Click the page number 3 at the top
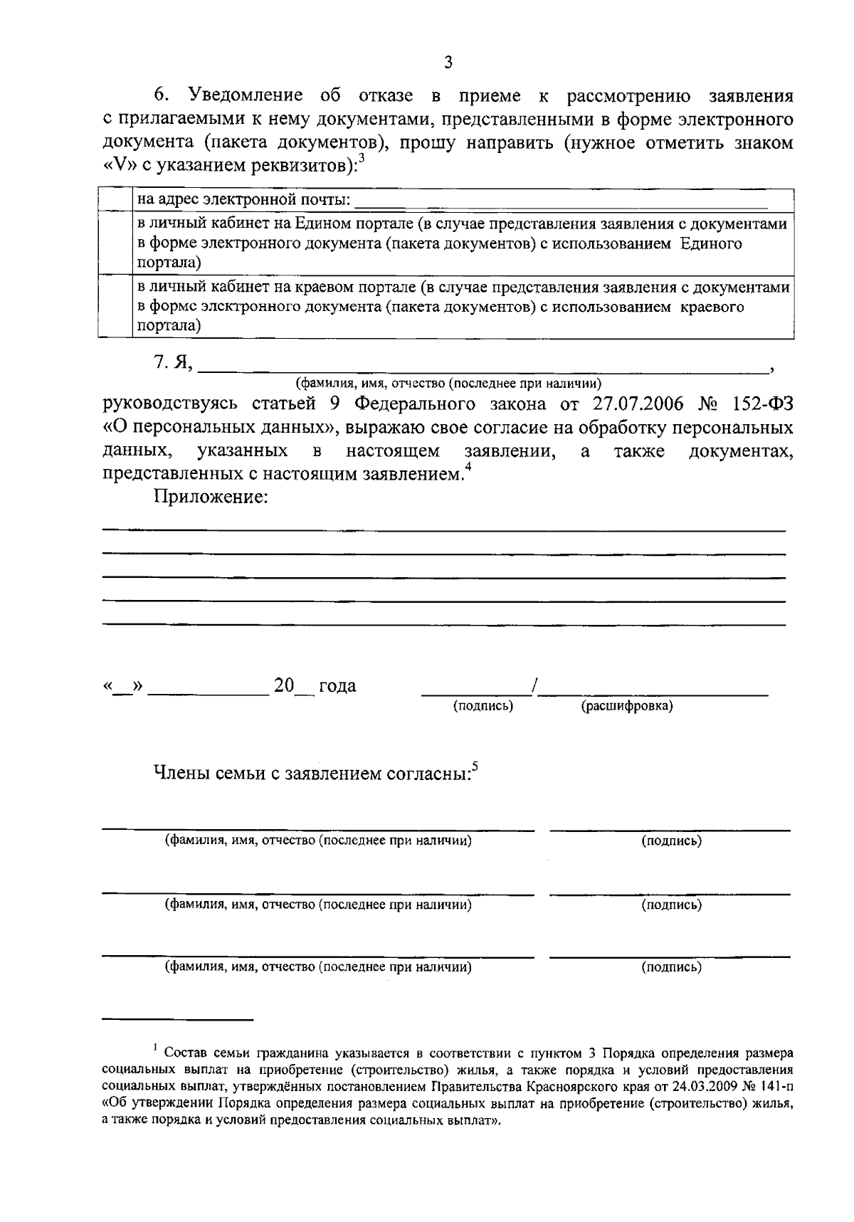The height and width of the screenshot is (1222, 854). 448,62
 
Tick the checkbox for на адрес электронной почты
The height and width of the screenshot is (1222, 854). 115,199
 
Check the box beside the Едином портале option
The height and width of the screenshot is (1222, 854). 115,243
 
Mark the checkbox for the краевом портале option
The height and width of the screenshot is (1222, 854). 115,307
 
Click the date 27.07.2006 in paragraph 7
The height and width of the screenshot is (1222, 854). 638,404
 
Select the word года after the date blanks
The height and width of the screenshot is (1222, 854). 337,686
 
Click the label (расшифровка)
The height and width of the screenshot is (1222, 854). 627,706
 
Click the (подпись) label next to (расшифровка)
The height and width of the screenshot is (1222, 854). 483,706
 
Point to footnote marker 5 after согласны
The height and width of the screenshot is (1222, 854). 475,767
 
